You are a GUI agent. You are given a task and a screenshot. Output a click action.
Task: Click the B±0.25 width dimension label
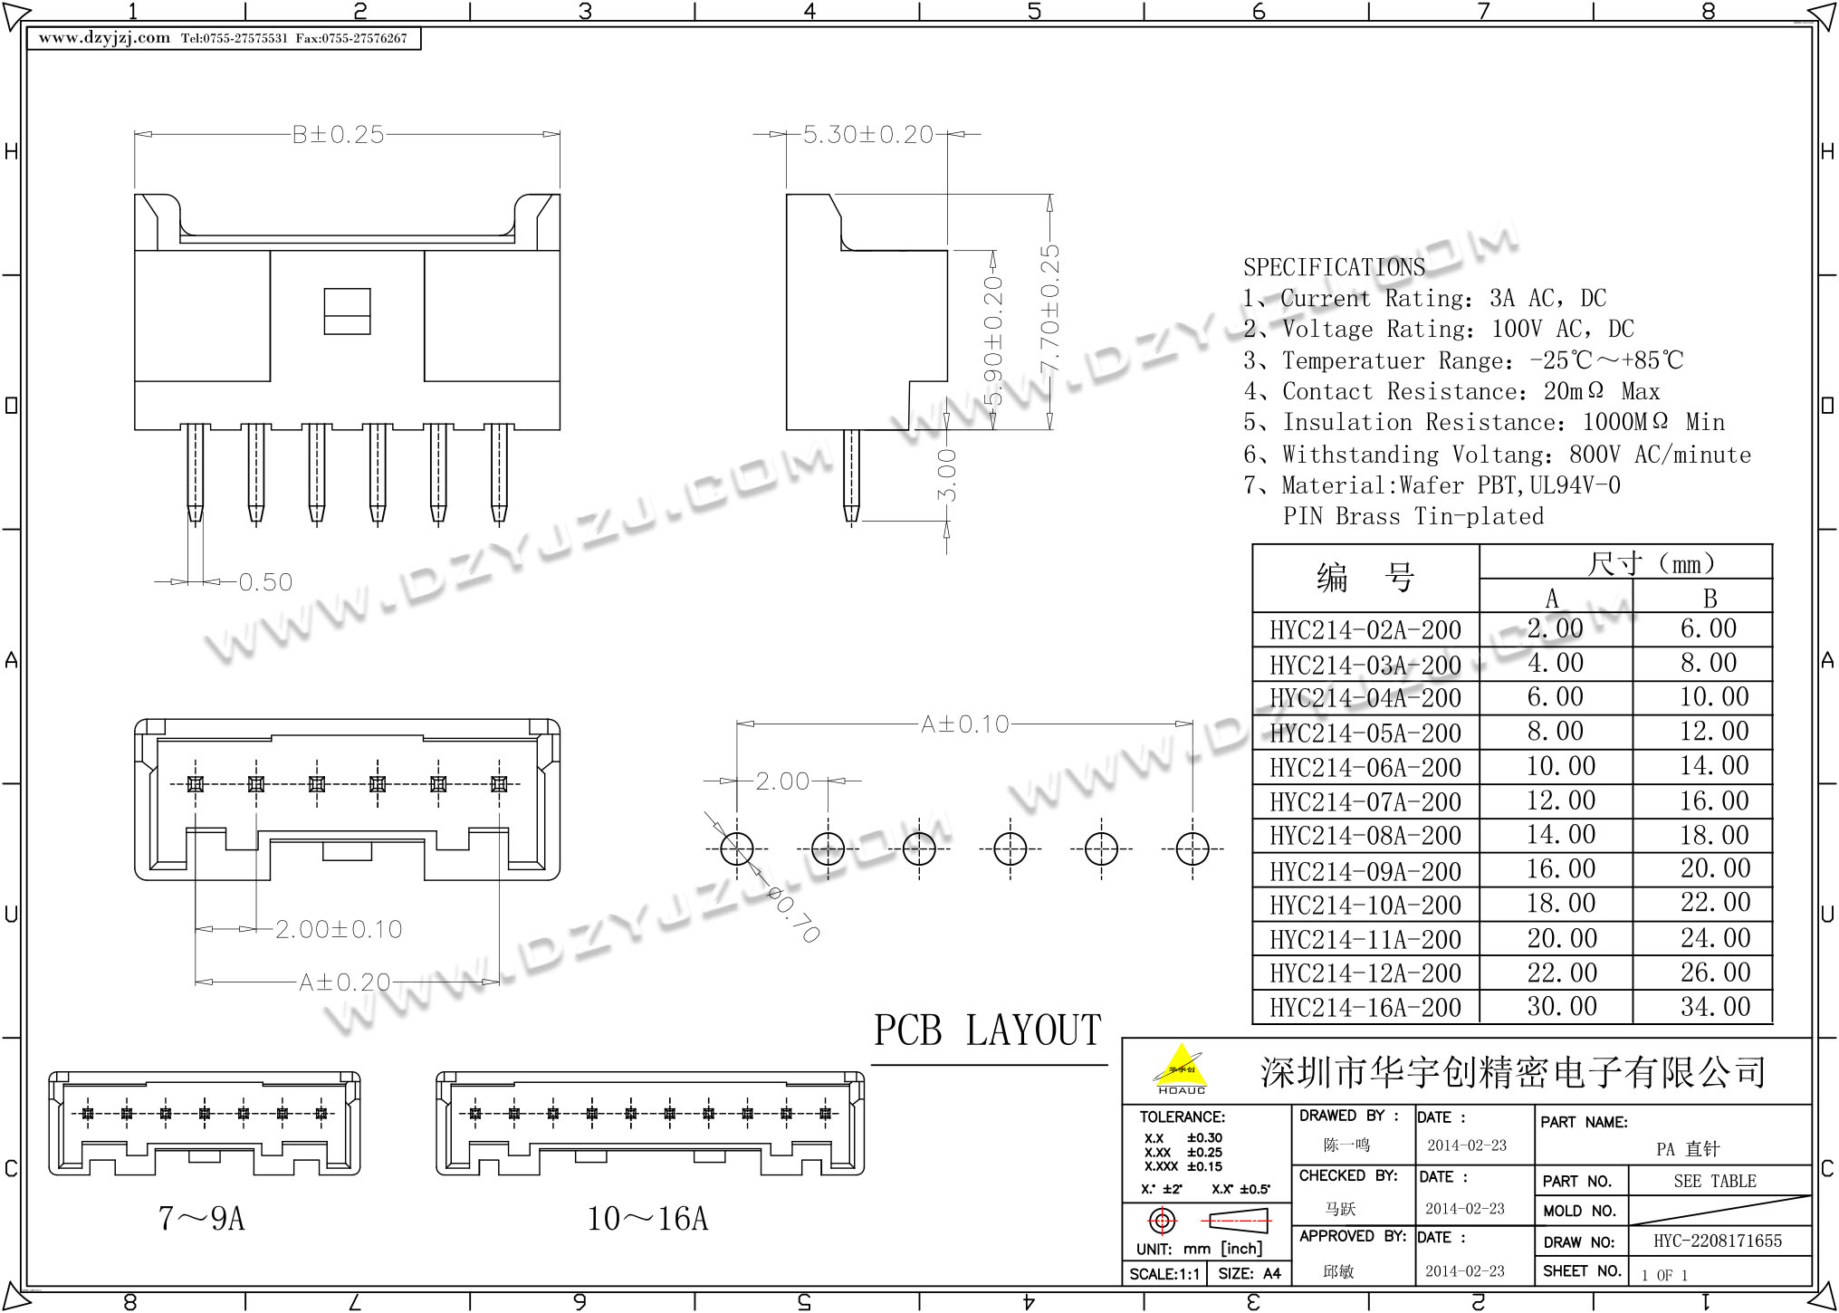[338, 135]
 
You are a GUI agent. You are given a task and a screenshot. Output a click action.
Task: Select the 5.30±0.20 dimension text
[867, 135]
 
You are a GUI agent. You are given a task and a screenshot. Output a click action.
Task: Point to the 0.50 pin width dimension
[265, 582]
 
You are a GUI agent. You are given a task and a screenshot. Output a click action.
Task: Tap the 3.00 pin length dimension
[947, 474]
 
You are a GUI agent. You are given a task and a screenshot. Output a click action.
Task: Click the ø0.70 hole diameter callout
[793, 915]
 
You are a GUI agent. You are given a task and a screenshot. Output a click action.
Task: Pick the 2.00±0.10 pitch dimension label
[339, 929]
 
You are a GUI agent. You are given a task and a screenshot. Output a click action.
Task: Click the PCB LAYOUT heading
[987, 1030]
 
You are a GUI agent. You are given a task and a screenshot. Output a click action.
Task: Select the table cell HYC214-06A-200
[1365, 768]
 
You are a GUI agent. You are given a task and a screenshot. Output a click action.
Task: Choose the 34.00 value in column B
[1715, 1006]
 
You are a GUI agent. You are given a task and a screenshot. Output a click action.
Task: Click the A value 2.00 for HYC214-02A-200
[1555, 628]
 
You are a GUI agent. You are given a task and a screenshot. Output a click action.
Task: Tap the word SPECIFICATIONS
[1334, 267]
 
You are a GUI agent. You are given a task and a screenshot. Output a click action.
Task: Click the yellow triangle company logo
[1181, 1067]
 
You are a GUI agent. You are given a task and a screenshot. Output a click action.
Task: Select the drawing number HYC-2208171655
[1717, 1241]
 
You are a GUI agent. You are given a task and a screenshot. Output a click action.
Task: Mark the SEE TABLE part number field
[1715, 1181]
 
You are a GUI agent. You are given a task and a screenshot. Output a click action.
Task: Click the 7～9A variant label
[202, 1219]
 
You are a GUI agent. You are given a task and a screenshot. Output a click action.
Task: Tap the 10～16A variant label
[647, 1219]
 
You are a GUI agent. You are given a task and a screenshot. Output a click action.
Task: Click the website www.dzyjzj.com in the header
[104, 38]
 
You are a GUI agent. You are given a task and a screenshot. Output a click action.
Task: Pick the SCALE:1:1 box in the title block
[1164, 1273]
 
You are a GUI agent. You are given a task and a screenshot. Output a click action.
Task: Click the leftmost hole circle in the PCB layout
[737, 849]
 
